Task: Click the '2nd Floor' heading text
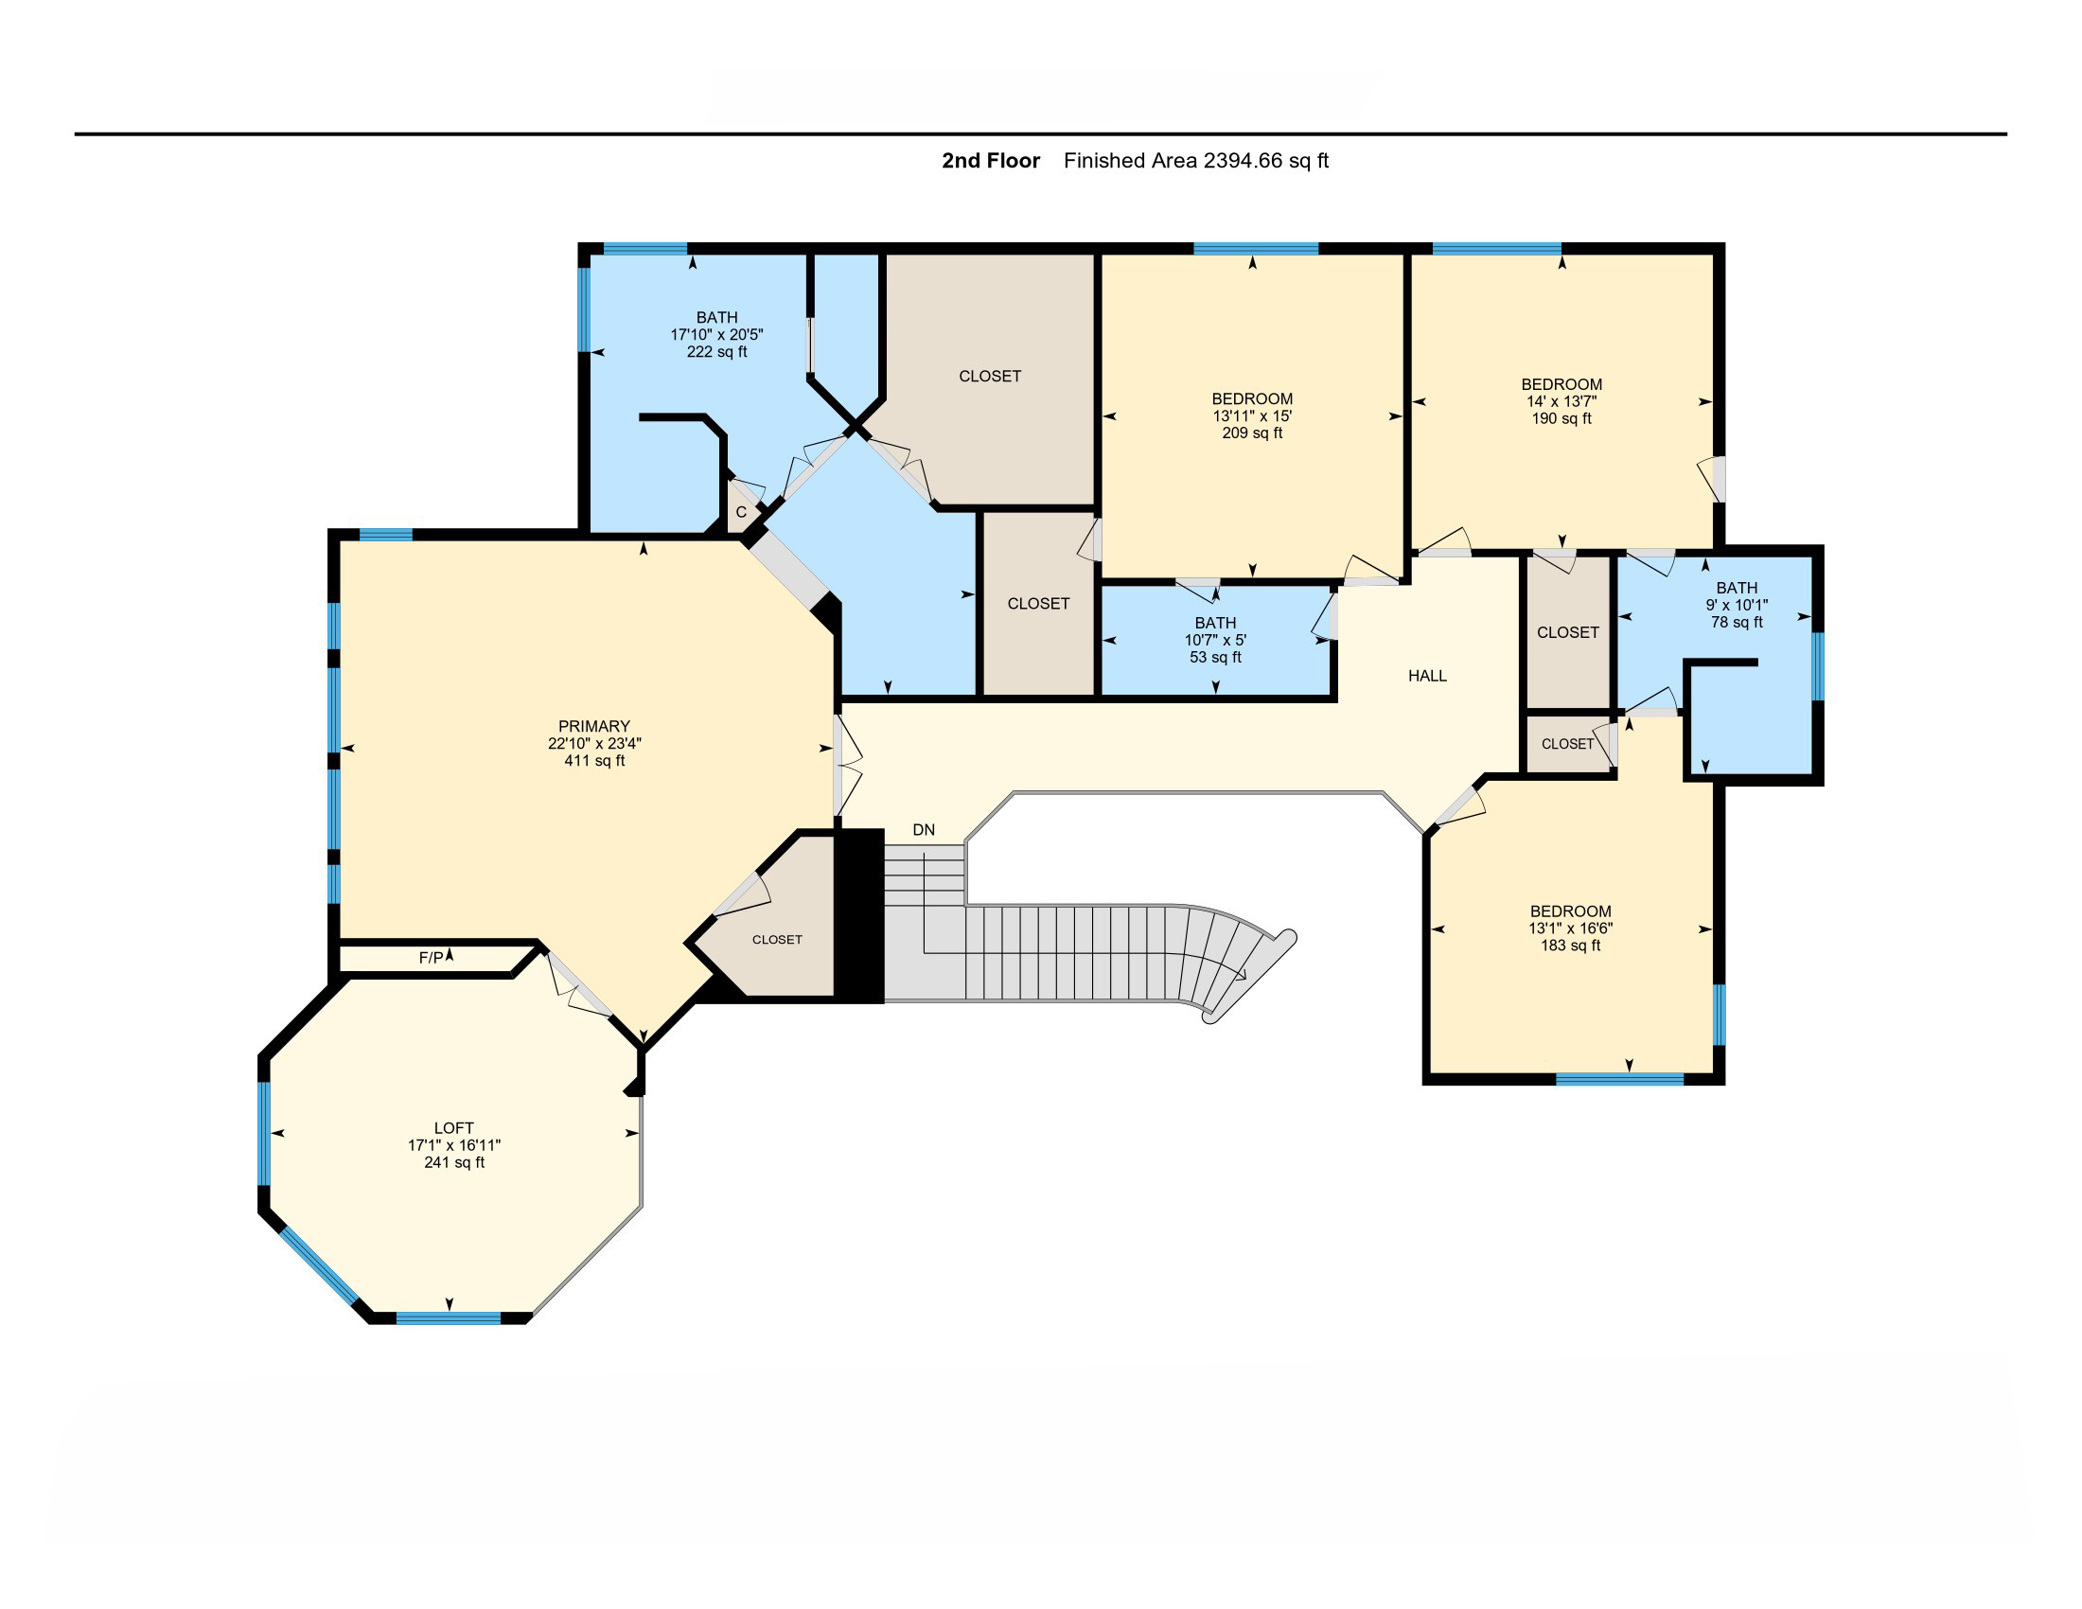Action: click(991, 161)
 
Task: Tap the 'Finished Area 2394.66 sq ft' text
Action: click(1196, 161)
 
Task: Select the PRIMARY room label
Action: click(594, 726)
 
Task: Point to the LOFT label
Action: click(453, 1128)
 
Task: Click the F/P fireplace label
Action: click(431, 957)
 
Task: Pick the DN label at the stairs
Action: click(924, 830)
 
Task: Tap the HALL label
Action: click(1427, 676)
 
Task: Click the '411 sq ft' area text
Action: click(595, 761)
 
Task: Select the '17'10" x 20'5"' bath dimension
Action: click(717, 334)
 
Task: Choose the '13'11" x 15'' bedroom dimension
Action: click(1252, 416)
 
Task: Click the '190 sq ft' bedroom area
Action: click(1561, 418)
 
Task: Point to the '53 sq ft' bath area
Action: click(1215, 657)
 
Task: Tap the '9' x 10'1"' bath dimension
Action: click(1737, 606)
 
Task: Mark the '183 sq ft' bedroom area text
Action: click(1570, 946)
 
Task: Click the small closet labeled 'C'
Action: click(741, 512)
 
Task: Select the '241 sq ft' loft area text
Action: click(453, 1163)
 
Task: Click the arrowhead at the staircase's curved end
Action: click(1242, 974)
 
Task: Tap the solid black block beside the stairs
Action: click(859, 915)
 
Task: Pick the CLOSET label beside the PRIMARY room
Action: click(777, 940)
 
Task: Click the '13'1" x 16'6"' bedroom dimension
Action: click(1570, 928)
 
